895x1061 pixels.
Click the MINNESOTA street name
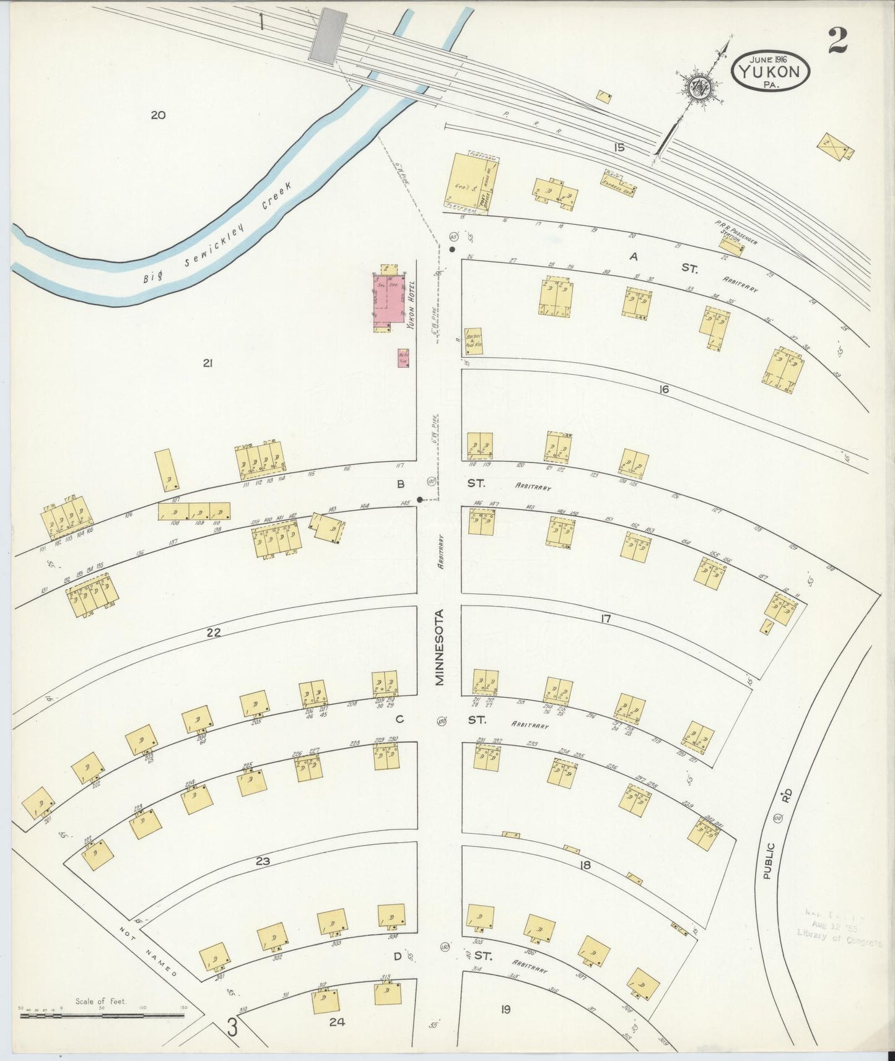tap(439, 647)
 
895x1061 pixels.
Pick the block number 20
tap(158, 115)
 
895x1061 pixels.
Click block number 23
tap(263, 861)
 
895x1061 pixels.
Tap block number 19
tap(506, 1010)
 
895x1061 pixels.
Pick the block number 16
tap(664, 389)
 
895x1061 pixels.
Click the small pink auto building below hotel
tap(404, 358)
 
